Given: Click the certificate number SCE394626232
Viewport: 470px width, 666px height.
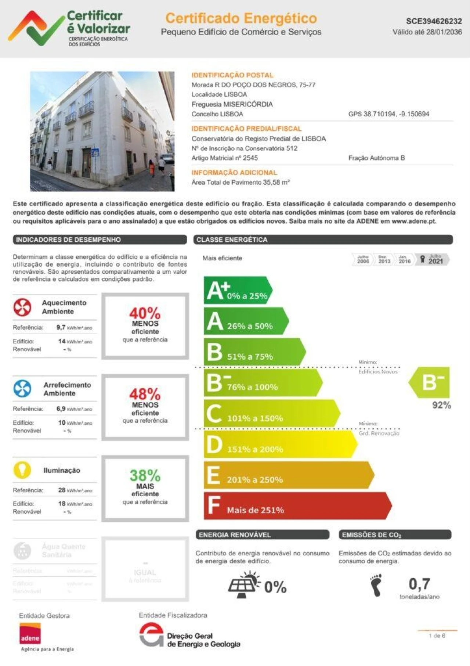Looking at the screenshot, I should [x=434, y=21].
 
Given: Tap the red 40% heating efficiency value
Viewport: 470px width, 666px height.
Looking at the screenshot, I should [x=145, y=313].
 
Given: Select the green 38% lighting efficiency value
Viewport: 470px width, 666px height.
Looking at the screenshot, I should [x=145, y=475].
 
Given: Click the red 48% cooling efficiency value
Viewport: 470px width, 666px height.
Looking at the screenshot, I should [x=145, y=394].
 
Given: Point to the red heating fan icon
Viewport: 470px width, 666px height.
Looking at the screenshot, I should [x=22, y=307].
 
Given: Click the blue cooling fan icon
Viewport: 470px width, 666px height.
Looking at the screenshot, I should [x=22, y=388].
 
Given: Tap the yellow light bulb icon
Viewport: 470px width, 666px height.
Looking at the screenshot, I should [x=22, y=470].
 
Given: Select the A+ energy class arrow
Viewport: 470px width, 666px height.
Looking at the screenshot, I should [x=237, y=290].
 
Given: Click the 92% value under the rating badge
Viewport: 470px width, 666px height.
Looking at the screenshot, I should [x=441, y=405].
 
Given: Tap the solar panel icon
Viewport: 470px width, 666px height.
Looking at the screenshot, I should [x=243, y=585].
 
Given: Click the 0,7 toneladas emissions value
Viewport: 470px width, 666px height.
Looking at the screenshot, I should [x=419, y=584].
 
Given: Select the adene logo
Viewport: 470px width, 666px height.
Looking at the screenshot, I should [x=30, y=634].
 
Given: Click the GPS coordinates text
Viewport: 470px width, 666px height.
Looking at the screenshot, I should [x=388, y=114].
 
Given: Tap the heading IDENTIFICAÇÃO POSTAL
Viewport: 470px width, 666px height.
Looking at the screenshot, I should [x=232, y=75].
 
